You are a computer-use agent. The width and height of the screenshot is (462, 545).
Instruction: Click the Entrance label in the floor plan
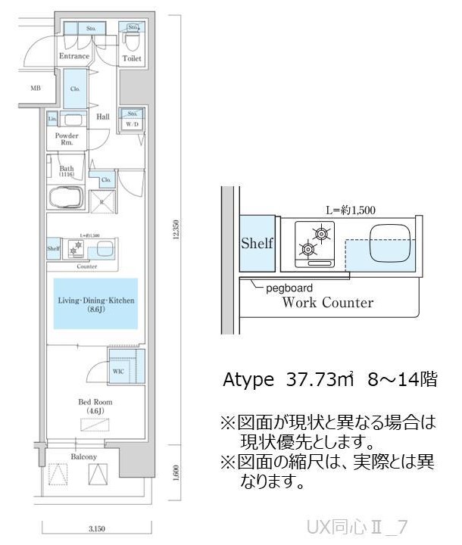point(74,56)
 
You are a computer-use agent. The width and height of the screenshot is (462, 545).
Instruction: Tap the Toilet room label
point(132,58)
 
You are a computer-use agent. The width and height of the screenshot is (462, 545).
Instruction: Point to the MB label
point(35,89)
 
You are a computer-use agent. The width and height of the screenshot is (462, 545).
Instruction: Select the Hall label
point(103,117)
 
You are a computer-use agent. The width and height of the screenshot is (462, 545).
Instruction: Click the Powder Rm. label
point(66,140)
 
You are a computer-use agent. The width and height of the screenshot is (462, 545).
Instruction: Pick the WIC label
point(117,371)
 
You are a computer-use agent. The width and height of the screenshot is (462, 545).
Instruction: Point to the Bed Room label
point(95,406)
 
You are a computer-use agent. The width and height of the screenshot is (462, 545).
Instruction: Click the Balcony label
point(83,457)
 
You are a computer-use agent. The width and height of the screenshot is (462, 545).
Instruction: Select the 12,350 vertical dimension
point(176,229)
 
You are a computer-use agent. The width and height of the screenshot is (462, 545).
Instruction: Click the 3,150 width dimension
point(95,528)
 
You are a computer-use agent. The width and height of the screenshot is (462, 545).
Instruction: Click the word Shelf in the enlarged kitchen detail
point(256,244)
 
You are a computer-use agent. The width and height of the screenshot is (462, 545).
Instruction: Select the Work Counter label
point(327,303)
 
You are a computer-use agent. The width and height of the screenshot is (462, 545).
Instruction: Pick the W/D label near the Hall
point(132,123)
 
